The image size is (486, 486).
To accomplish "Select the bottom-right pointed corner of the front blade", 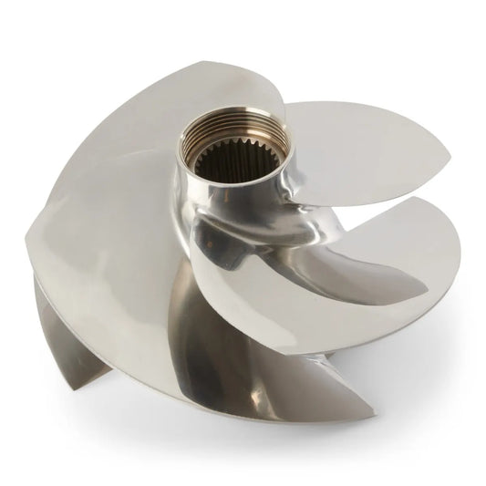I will [x=373, y=416].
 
